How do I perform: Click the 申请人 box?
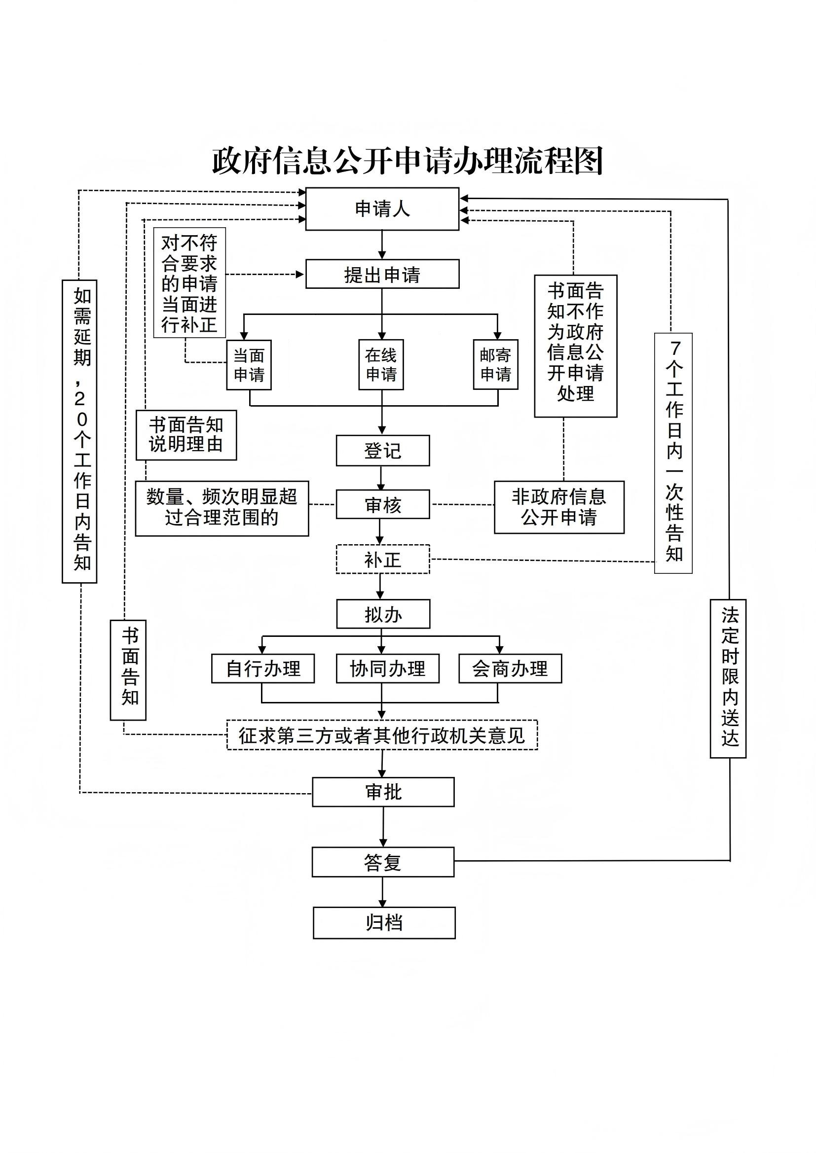point(382,209)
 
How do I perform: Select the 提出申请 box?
point(382,274)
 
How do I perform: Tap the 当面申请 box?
point(249,365)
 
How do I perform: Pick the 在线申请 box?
point(381,365)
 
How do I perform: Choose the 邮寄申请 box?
point(495,365)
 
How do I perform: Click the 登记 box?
point(383,451)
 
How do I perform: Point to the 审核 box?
point(383,504)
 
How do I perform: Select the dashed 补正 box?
point(383,559)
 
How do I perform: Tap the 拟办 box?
point(383,614)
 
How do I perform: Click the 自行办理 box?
point(263,668)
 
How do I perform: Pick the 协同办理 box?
point(387,668)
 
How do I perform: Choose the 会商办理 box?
point(510,668)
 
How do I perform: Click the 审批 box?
point(383,793)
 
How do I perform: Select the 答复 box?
point(383,862)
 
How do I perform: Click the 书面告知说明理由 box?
point(186,435)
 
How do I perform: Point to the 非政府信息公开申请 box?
point(559,507)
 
